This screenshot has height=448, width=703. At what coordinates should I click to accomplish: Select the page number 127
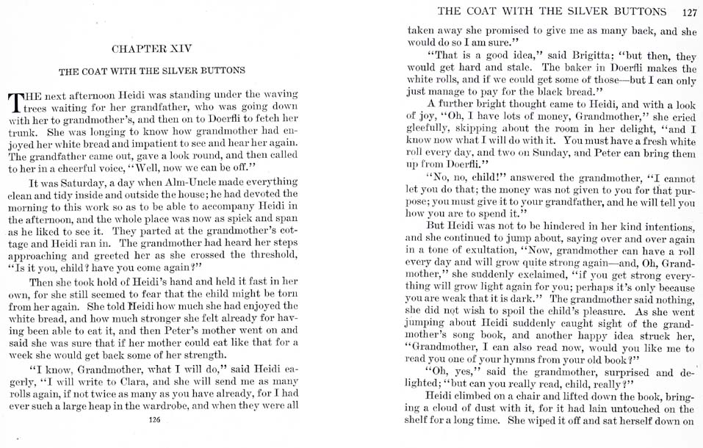pyautogui.click(x=688, y=11)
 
